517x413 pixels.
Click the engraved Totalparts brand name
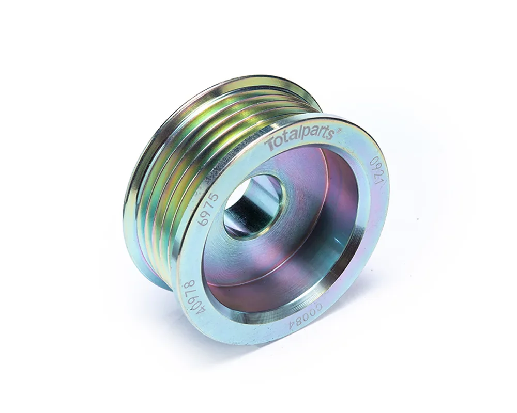[x=300, y=139]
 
